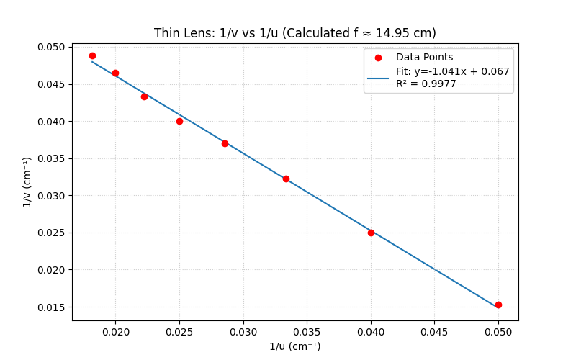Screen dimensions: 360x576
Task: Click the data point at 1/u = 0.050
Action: [498, 305]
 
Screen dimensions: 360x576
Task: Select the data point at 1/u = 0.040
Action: [371, 233]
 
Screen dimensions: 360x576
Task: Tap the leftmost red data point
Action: [92, 55]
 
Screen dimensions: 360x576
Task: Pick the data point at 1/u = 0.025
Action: [179, 121]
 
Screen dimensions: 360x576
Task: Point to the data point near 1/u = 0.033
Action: [286, 179]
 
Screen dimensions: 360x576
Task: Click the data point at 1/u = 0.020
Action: [115, 73]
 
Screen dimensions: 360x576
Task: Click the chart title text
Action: [295, 33]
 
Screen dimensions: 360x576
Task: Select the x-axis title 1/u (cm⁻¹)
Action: [295, 346]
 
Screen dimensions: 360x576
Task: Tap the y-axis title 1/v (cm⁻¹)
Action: [27, 182]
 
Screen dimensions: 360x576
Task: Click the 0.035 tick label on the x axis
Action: [307, 332]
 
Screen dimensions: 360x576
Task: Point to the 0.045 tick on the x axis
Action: [435, 332]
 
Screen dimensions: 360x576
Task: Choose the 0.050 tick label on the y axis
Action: [51, 48]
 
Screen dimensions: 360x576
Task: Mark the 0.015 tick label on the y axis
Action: [51, 307]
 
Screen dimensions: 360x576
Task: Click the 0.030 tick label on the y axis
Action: [51, 196]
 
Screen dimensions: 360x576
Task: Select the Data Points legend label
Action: [425, 58]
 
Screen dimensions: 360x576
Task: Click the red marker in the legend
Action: [378, 58]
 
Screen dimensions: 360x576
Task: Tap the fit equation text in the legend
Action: [452, 71]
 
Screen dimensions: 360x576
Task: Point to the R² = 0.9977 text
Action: [426, 84]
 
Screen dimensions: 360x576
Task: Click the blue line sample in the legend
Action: [378, 78]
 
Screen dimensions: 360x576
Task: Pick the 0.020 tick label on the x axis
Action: [115, 332]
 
